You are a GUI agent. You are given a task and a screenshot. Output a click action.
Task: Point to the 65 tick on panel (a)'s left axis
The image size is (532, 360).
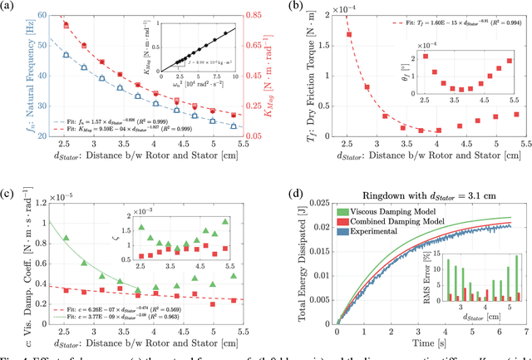[x=44, y=15]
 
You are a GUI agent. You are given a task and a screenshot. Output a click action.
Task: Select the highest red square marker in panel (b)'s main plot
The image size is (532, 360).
[x=348, y=35]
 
